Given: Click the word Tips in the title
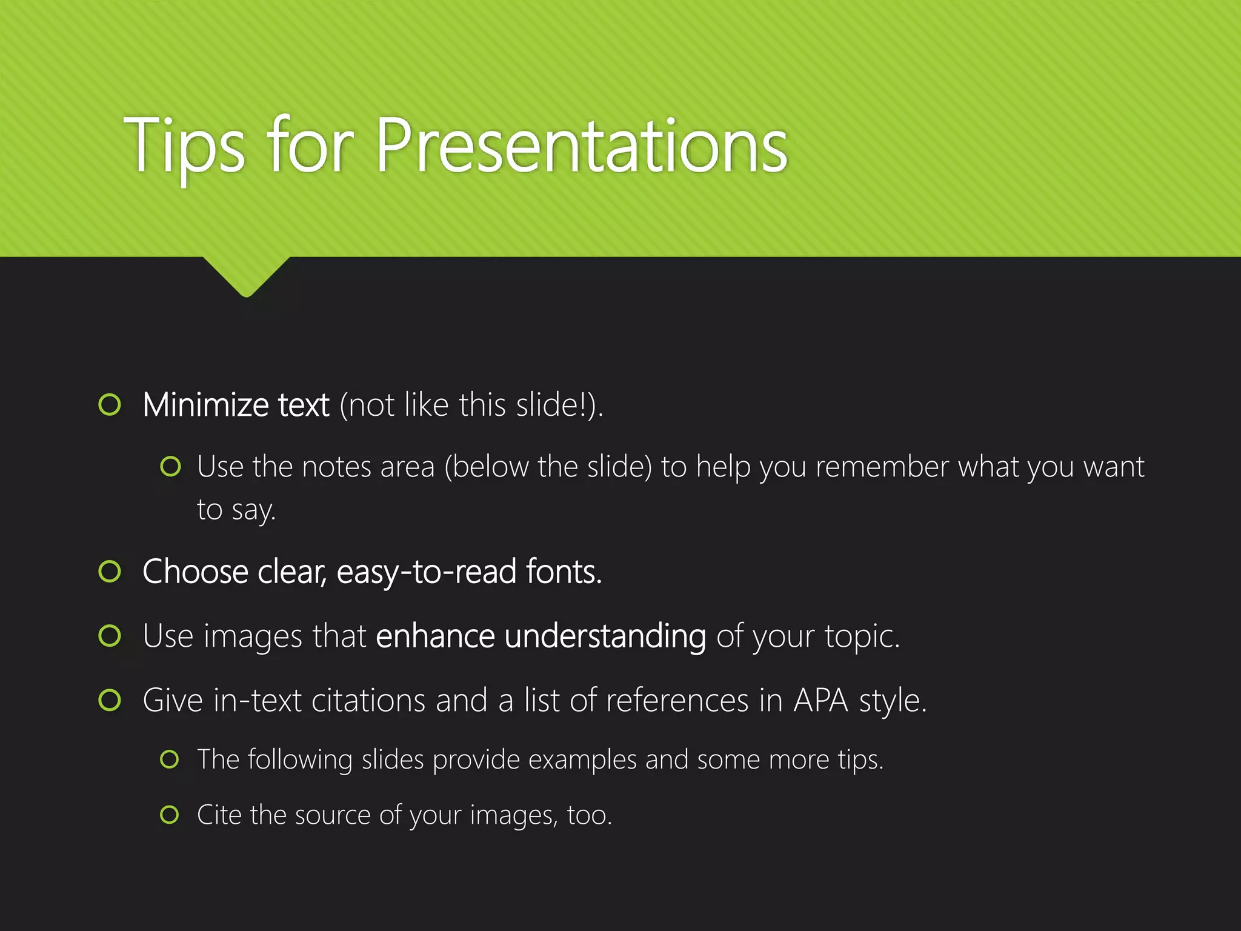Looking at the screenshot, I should point(184,145).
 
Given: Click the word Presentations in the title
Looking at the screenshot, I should point(582,145).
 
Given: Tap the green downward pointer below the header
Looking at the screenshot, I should point(246,276).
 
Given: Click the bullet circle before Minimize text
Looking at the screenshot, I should point(110,404).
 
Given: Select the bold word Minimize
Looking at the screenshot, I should point(205,405).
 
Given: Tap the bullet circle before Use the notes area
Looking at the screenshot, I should point(170,467).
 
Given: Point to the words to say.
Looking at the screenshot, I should point(236,510).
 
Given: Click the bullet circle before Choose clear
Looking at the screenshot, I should point(110,571).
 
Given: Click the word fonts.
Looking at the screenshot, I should point(564,572).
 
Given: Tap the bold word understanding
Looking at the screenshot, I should point(605,636).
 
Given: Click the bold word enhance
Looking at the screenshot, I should point(435,636).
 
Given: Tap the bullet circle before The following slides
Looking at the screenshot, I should point(170,759).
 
